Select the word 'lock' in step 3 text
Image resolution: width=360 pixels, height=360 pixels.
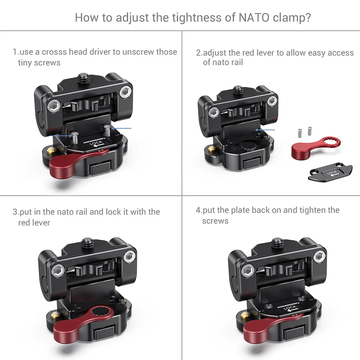tap(111, 212)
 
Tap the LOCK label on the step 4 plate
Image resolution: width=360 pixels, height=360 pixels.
tap(290, 307)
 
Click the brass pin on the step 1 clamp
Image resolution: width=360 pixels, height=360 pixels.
tap(49, 148)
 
